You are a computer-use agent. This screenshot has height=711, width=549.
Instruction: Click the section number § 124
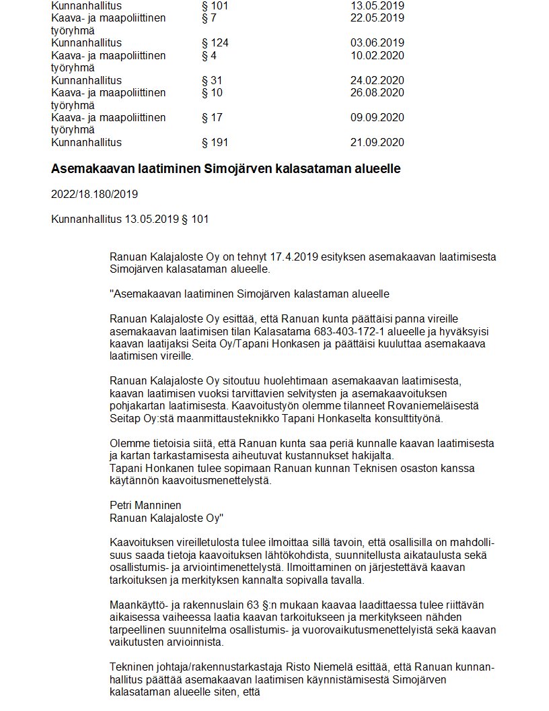[215, 43]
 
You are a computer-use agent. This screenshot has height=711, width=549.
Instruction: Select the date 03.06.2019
[377, 43]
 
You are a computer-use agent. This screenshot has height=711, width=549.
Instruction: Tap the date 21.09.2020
[377, 143]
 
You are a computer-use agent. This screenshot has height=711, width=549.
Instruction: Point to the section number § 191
[215, 143]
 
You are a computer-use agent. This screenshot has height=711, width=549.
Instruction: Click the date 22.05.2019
[377, 18]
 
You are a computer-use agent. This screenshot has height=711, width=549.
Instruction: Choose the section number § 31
[212, 81]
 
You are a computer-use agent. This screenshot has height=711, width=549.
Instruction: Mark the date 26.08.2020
[377, 93]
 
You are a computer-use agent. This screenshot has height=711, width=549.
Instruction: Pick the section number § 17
[212, 118]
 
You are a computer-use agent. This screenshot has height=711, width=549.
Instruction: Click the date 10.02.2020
[377, 55]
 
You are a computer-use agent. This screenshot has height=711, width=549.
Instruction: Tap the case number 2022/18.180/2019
[94, 195]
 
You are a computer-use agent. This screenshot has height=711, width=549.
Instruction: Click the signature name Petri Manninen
[145, 505]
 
